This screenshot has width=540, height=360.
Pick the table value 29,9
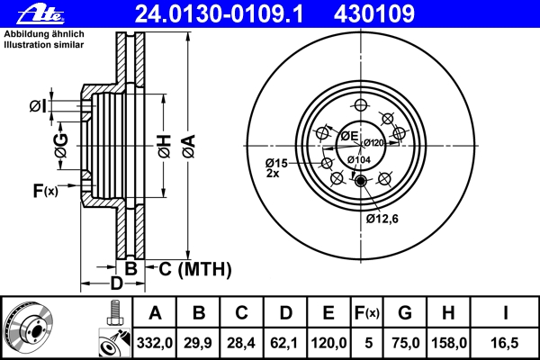[x=199, y=343]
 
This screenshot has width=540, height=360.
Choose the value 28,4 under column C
[x=242, y=343]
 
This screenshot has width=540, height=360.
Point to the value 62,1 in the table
[x=285, y=343]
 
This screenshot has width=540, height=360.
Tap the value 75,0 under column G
[x=406, y=343]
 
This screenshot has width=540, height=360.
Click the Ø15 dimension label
[x=275, y=163]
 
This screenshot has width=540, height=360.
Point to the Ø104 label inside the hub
[x=359, y=159]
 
